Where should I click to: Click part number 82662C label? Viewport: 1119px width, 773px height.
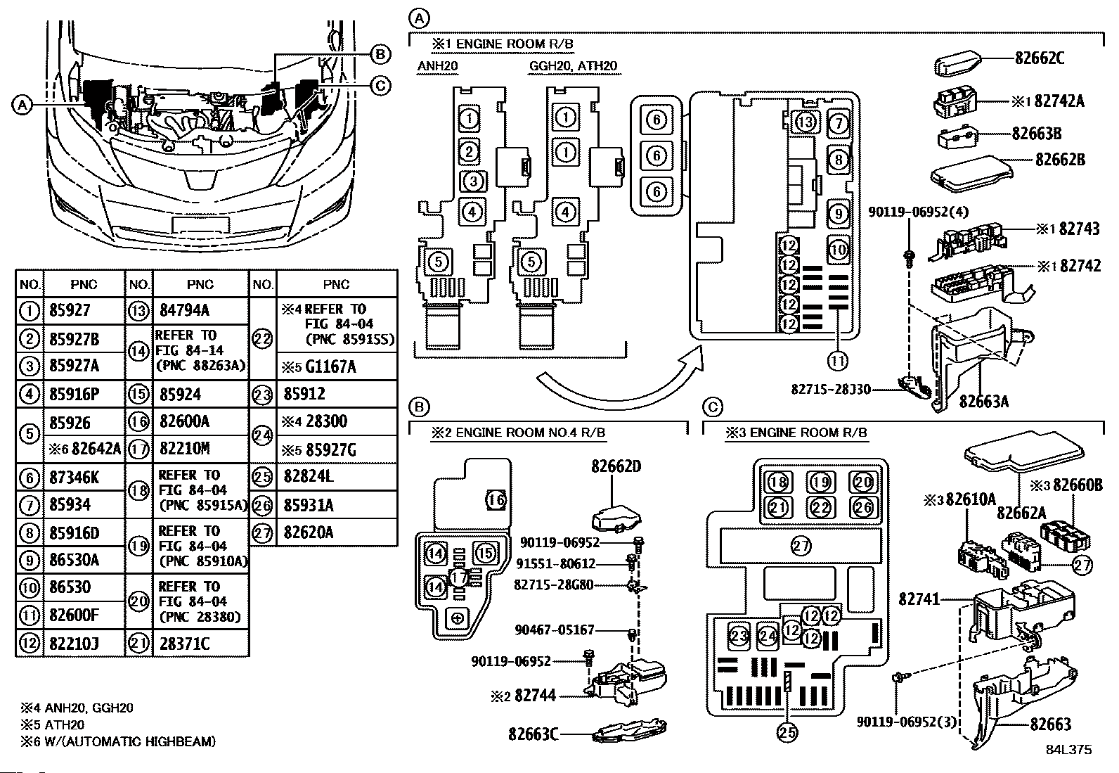click(x=1039, y=58)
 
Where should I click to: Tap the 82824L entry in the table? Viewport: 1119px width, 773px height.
click(x=309, y=476)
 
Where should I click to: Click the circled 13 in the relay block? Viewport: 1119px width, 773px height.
click(x=806, y=122)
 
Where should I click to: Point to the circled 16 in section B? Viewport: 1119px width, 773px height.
click(x=496, y=499)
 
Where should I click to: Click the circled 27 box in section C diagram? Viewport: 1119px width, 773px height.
click(x=801, y=546)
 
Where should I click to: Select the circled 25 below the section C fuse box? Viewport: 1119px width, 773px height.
click(x=787, y=732)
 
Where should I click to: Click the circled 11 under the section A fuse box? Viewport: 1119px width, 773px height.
click(x=838, y=361)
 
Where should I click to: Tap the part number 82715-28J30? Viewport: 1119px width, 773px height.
click(x=831, y=389)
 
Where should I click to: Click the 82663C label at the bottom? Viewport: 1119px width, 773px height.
click(x=533, y=734)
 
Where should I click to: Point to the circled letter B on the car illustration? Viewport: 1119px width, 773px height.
click(x=380, y=54)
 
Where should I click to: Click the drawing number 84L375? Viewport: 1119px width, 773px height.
click(x=1069, y=750)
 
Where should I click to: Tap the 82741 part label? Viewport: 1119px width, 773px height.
click(x=919, y=599)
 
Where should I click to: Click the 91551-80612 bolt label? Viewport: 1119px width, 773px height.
click(x=555, y=564)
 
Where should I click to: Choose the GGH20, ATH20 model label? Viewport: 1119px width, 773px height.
click(x=573, y=66)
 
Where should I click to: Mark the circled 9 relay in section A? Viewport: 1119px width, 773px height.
click(x=839, y=214)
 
